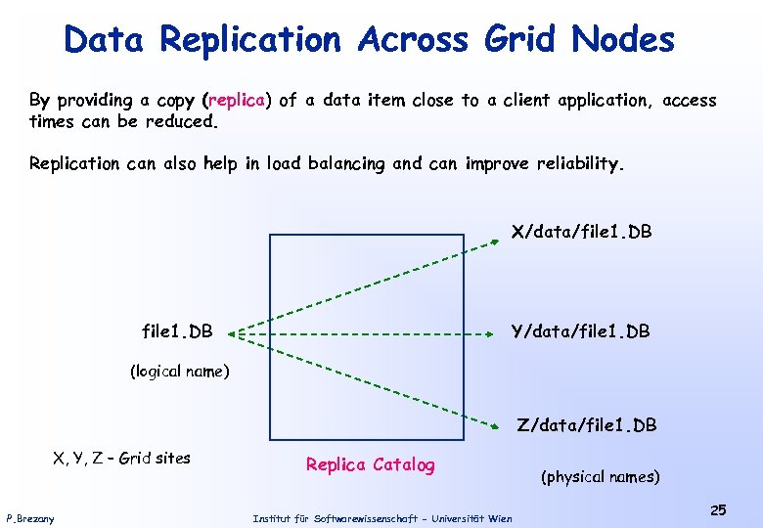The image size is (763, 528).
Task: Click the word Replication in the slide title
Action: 249,40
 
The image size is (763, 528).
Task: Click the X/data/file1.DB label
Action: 581,233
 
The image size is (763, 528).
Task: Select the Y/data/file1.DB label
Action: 581,332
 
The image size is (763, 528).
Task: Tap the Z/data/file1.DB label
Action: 587,425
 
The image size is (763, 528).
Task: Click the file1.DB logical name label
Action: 177,332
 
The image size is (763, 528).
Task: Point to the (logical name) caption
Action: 180,372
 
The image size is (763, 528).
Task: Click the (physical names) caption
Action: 600,477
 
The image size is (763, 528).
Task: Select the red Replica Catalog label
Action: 370,464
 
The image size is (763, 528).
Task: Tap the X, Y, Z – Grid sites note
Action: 121,458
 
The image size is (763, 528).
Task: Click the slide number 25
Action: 718,510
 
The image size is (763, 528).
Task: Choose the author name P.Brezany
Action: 30,518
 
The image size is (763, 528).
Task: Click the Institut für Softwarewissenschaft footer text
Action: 381,518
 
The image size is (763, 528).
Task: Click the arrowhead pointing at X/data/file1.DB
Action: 495,245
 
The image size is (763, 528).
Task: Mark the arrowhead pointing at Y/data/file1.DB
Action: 494,333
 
